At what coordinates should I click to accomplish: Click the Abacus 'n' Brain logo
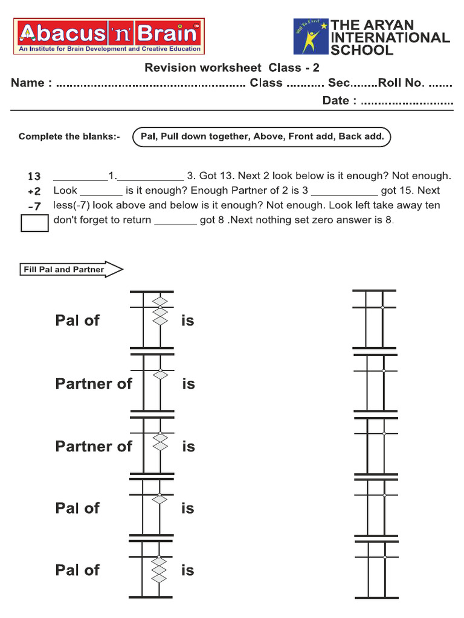coord(109,36)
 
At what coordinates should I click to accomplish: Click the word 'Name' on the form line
coord(28,83)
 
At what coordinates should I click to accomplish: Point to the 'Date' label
coord(335,101)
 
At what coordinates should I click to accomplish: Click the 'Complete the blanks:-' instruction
coord(69,136)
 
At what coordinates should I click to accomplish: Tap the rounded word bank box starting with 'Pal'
coord(262,136)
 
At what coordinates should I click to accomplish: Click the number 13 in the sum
coord(34,176)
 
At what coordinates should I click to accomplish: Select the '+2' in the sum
coord(34,191)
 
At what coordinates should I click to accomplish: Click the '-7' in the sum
coord(34,206)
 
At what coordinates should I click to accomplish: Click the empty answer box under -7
coord(34,223)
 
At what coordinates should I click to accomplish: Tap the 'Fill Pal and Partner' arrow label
coord(71,270)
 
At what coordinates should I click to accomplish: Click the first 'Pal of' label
coord(77,320)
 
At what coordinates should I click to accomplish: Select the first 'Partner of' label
coord(93,384)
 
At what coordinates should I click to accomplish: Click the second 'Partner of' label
coord(93,447)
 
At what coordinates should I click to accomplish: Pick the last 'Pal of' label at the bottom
coord(77,570)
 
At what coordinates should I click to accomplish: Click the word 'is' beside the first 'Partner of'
coord(188,384)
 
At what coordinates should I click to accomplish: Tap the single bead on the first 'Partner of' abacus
coord(159,375)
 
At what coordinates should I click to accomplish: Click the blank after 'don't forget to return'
coord(175,221)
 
